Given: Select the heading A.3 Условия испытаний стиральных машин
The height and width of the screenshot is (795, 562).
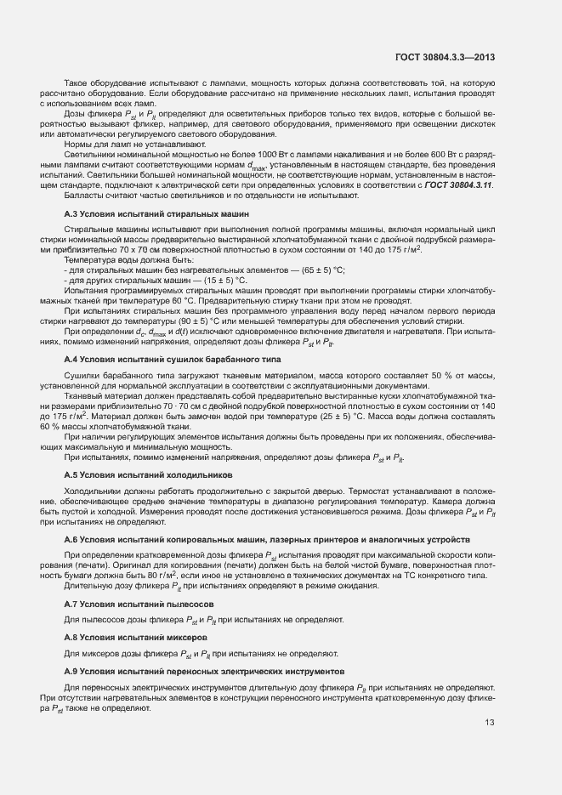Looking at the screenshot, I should point(156,214).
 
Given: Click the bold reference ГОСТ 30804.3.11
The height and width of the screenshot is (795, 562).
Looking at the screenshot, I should point(458,185).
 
